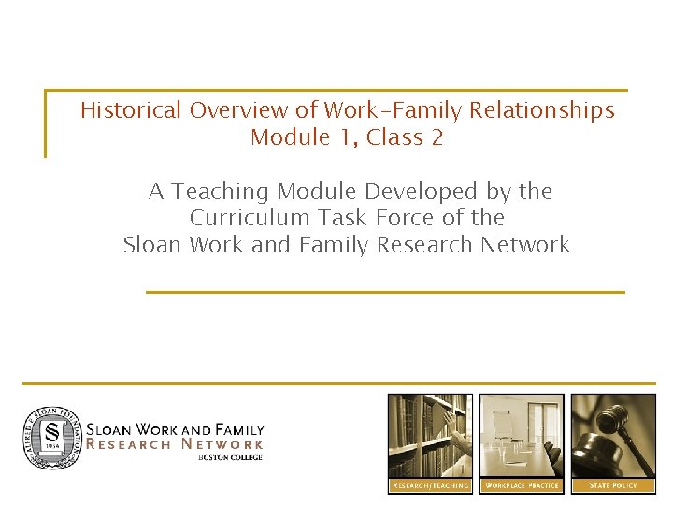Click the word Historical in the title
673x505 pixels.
131,110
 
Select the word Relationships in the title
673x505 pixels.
542,110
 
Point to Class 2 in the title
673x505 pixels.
405,137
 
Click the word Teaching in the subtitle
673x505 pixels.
218,192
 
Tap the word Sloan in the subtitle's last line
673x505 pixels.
153,245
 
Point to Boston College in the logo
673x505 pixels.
230,457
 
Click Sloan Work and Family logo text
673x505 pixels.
175,430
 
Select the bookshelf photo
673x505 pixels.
430,436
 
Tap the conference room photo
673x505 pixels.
522,436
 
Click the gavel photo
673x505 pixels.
613,436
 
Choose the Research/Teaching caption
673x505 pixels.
430,485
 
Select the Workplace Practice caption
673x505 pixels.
522,485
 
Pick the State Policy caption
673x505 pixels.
613,485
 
